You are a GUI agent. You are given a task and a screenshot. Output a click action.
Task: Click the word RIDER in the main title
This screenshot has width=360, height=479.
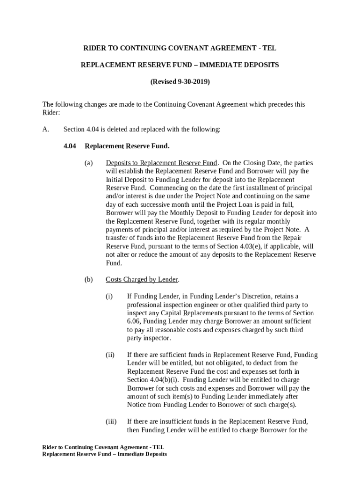click(94, 48)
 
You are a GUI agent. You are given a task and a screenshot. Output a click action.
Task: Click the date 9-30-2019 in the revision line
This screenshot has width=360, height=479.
click(193, 82)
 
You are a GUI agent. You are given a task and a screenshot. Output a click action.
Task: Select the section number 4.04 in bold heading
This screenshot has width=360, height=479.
click(70, 146)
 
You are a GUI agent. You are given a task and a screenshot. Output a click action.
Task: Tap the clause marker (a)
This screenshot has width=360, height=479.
click(88, 163)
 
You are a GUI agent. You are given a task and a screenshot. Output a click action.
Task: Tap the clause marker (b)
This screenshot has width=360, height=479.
click(88, 280)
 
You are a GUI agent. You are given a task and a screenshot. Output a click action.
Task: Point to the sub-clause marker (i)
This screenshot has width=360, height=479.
click(109, 296)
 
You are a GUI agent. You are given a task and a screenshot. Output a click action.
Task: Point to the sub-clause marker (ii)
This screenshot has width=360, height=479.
click(110, 355)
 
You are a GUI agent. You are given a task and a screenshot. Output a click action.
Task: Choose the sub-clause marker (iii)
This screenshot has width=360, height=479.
click(111, 421)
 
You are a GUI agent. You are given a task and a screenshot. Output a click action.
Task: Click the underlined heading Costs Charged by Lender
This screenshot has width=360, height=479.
click(142, 280)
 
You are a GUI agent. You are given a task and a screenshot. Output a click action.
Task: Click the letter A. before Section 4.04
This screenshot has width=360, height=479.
click(45, 130)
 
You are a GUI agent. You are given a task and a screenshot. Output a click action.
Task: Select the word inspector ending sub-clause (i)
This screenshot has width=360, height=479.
click(158, 338)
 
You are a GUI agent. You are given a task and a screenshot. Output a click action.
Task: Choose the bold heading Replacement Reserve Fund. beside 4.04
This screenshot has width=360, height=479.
click(127, 146)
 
